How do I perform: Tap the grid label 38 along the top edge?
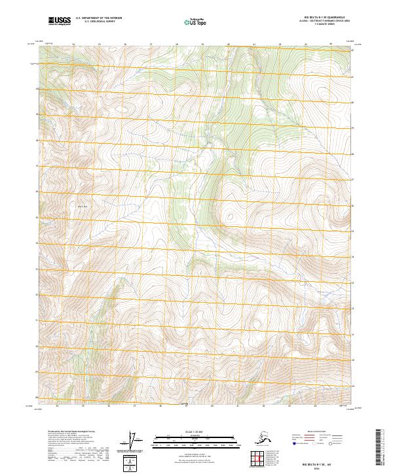point(177,44)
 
